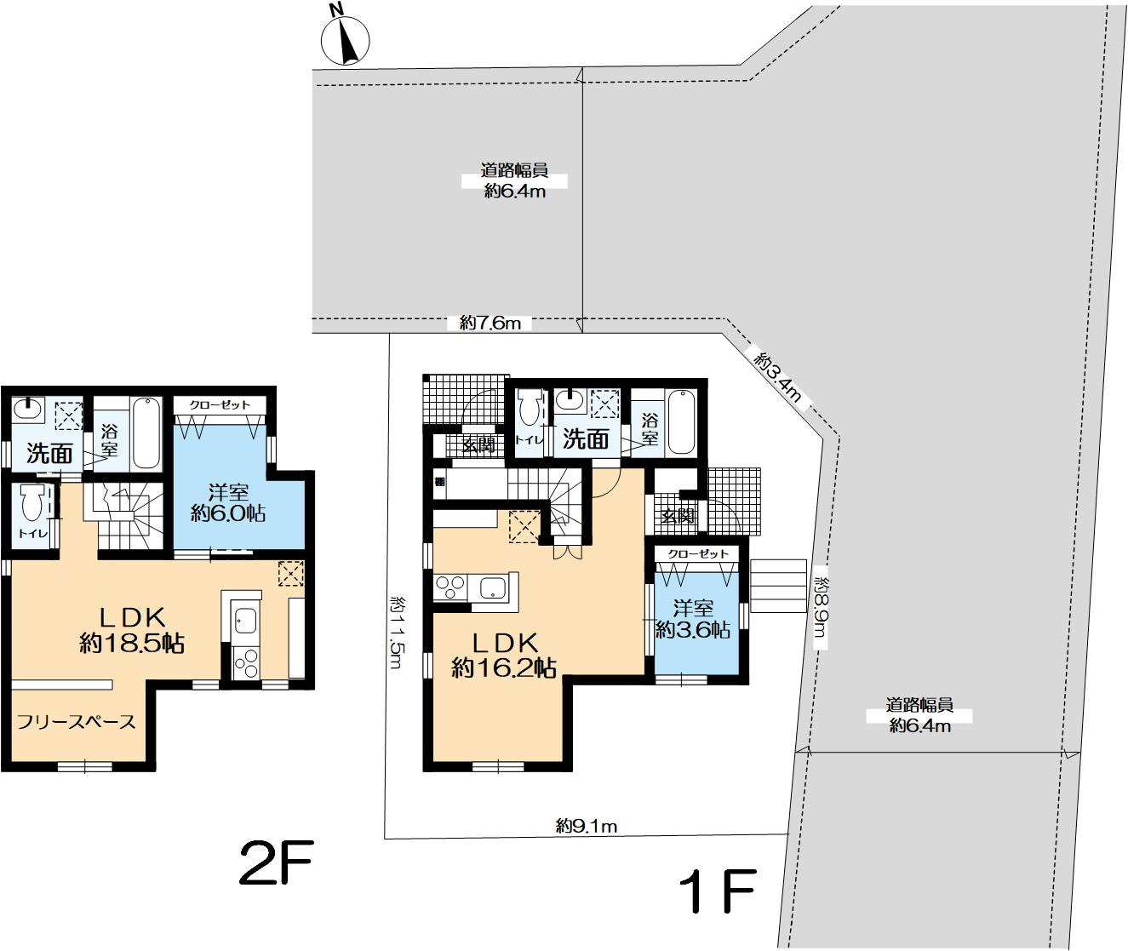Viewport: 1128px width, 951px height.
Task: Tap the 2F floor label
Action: [277, 862]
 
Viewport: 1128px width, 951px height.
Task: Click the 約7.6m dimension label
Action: [490, 324]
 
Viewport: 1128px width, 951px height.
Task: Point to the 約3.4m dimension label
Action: [778, 376]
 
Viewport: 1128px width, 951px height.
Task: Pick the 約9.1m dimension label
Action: [587, 826]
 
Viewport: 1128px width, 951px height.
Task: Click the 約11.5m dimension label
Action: [398, 633]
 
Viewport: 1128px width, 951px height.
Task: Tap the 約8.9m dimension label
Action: [822, 607]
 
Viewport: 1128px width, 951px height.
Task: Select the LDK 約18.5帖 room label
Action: [132, 631]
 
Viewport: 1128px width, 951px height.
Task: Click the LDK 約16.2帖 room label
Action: [504, 656]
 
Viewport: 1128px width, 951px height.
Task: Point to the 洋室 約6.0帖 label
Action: [228, 502]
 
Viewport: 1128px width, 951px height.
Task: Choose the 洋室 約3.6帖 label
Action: [693, 619]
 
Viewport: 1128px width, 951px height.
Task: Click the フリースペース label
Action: [76, 722]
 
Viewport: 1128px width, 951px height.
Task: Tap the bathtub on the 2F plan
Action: [147, 433]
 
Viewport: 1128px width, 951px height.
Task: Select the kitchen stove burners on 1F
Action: [450, 588]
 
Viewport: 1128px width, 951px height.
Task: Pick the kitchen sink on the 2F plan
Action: [246, 621]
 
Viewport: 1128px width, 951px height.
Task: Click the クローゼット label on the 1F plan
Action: [698, 554]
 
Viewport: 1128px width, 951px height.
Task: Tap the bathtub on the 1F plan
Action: [681, 422]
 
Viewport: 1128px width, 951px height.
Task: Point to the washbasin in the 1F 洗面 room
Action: [569, 401]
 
